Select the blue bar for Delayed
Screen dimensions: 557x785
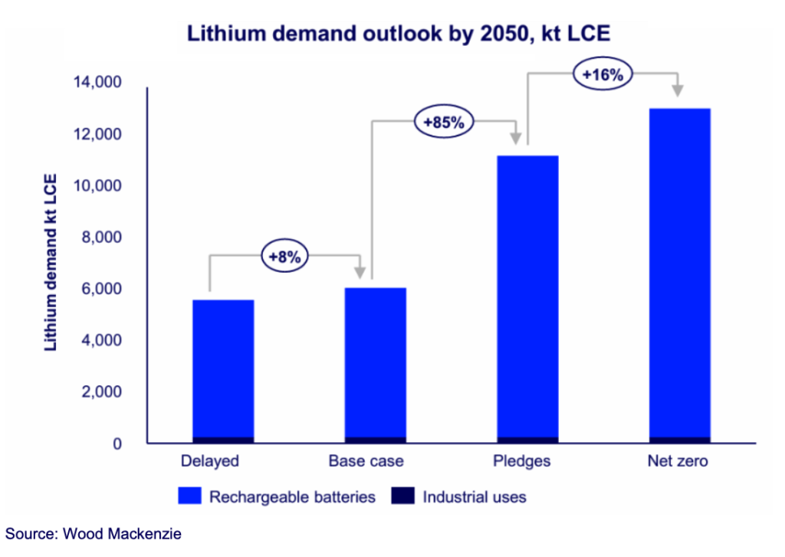coord(223,368)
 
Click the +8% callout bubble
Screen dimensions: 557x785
coord(285,257)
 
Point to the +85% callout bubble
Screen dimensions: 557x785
coord(445,122)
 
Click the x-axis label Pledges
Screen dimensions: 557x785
coord(527,461)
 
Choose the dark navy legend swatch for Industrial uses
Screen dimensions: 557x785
coord(402,496)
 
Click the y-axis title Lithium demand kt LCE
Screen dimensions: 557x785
coord(51,262)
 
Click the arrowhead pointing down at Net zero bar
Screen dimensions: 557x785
coord(678,90)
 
